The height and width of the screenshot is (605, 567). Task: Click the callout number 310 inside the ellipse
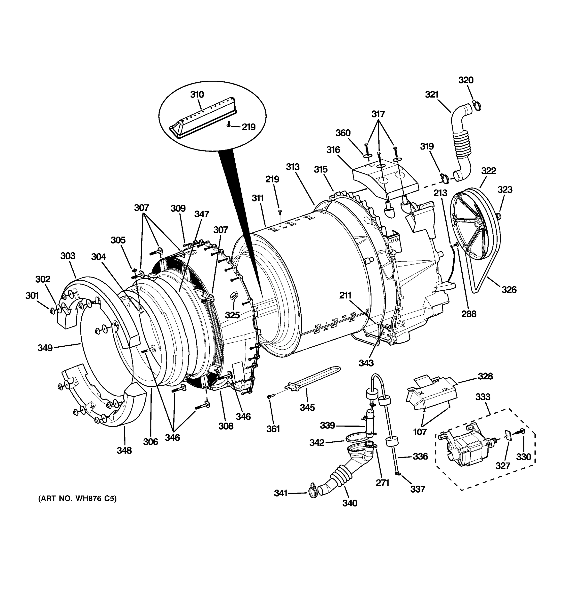(x=197, y=95)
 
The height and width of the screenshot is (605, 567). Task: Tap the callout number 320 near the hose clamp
(x=466, y=80)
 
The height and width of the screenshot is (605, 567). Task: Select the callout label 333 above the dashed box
(x=483, y=397)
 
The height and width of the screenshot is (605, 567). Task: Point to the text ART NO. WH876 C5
(x=77, y=499)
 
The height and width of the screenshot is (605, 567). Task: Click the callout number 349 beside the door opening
(x=45, y=348)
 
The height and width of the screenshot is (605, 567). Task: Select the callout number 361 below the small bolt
(x=273, y=429)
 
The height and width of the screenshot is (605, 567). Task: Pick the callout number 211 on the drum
(x=345, y=295)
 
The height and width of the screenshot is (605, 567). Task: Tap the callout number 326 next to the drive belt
(x=509, y=289)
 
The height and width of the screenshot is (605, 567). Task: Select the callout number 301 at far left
(x=32, y=295)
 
